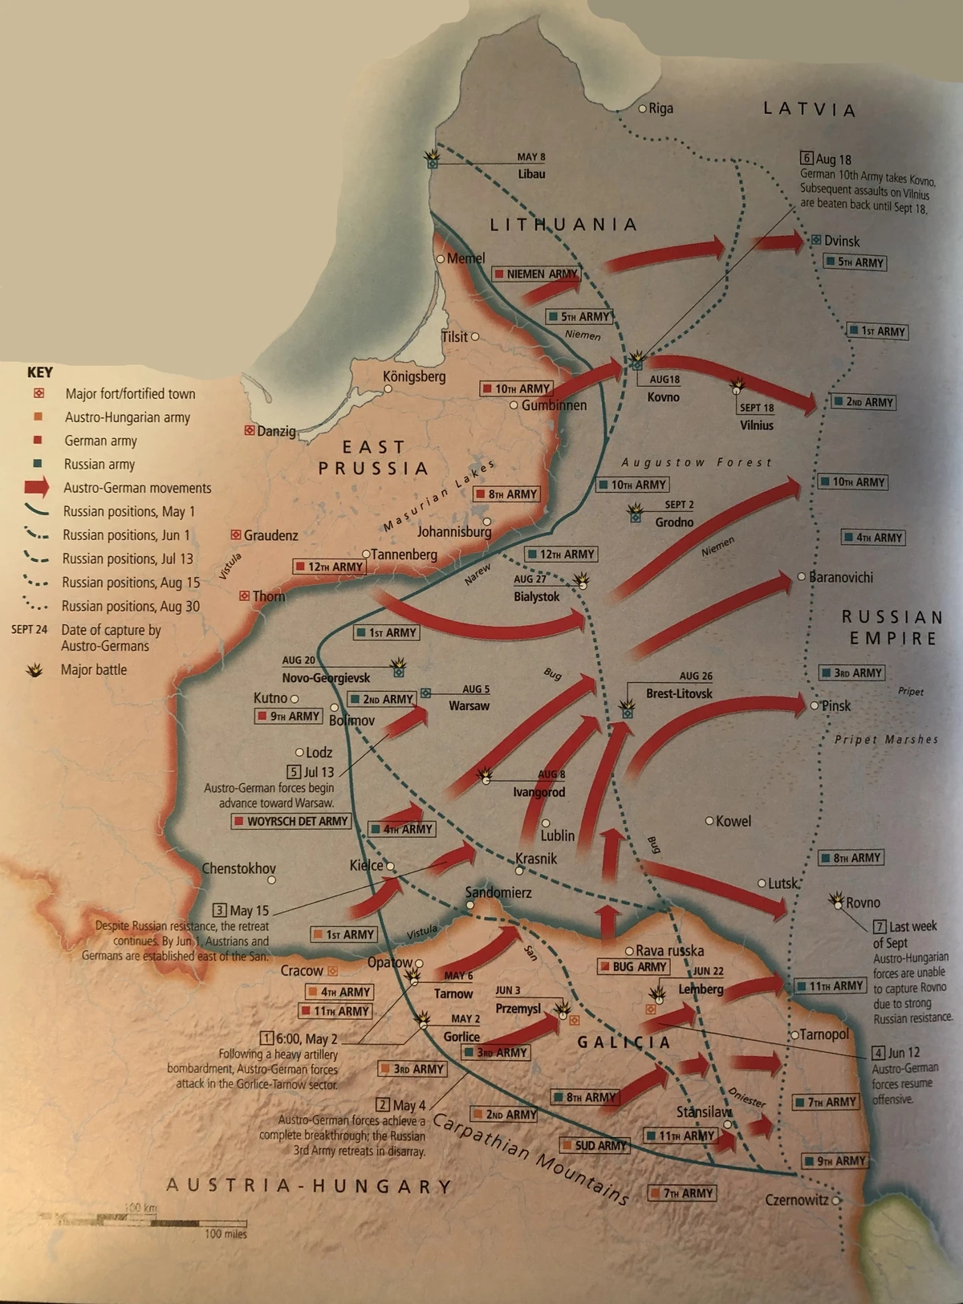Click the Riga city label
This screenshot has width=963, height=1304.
tap(660, 108)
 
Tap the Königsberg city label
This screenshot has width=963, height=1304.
tap(414, 376)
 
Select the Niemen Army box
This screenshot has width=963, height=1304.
tap(535, 274)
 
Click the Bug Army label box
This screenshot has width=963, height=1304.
tap(634, 967)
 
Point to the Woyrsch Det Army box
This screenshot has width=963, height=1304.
tap(291, 822)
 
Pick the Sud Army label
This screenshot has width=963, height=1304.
tap(595, 1145)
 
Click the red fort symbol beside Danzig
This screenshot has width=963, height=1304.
tap(250, 431)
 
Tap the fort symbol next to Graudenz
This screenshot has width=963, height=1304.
tap(236, 534)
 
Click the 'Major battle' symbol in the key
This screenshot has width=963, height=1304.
tap(35, 669)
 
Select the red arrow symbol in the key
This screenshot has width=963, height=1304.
tap(36, 487)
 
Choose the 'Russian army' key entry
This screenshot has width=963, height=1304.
tap(100, 464)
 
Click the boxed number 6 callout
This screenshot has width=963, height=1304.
tap(807, 159)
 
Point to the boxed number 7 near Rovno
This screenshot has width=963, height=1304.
tap(880, 926)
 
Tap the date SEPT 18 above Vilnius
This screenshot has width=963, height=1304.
tap(757, 408)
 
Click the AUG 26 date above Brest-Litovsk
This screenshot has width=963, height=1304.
tap(696, 676)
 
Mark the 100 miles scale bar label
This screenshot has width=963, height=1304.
tap(226, 1234)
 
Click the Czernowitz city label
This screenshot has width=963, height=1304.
tap(796, 1200)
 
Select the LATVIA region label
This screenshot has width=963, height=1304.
tap(809, 109)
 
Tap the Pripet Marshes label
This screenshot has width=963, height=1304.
tap(886, 739)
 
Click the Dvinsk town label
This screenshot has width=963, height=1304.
tap(841, 241)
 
